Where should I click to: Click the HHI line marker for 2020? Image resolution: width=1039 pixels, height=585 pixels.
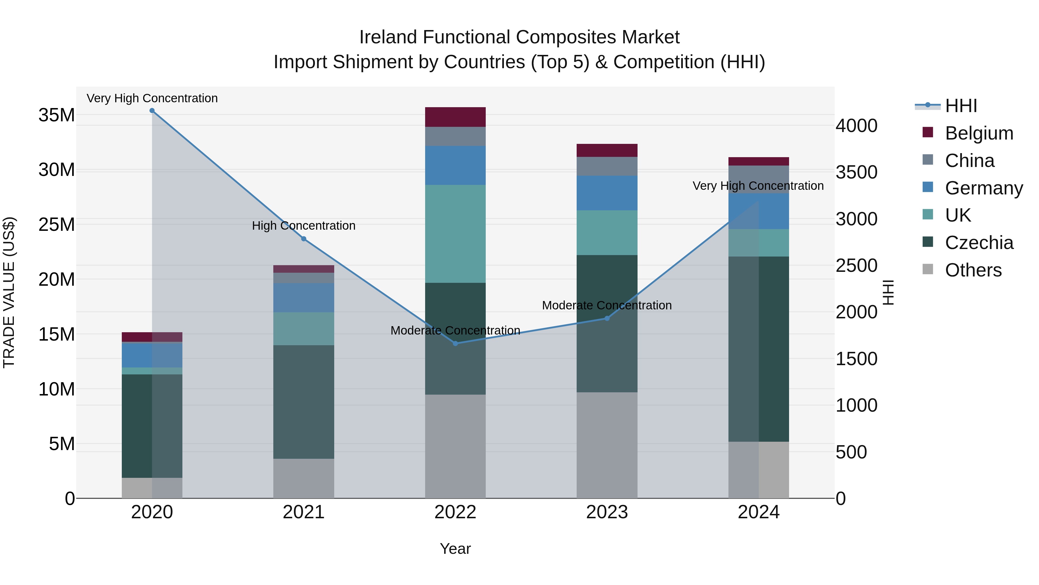pyautogui.click(x=152, y=111)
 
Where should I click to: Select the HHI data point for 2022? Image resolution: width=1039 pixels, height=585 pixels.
pyautogui.click(x=455, y=343)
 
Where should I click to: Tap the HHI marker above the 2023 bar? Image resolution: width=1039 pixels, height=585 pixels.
pyautogui.click(x=607, y=319)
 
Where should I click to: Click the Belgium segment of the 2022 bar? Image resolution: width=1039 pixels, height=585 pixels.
pyautogui.click(x=455, y=117)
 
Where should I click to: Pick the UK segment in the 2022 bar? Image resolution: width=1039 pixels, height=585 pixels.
pyautogui.click(x=455, y=234)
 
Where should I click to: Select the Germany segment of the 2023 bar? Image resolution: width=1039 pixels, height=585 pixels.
pyautogui.click(x=607, y=193)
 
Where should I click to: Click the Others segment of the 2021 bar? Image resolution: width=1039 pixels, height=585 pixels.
pyautogui.click(x=304, y=478)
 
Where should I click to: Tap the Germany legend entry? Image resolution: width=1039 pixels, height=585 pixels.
pyautogui.click(x=983, y=188)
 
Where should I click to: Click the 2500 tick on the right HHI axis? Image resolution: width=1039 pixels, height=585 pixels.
pyautogui.click(x=856, y=266)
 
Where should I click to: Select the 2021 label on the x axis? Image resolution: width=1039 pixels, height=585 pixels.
pyautogui.click(x=304, y=512)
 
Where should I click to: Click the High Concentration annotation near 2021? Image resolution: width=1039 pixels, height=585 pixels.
pyautogui.click(x=304, y=226)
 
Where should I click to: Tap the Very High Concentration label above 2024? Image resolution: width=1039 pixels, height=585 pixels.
pyautogui.click(x=758, y=186)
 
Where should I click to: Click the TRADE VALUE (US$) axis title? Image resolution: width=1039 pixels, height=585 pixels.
pyautogui.click(x=9, y=292)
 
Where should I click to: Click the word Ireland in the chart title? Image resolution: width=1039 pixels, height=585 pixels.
pyautogui.click(x=388, y=37)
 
